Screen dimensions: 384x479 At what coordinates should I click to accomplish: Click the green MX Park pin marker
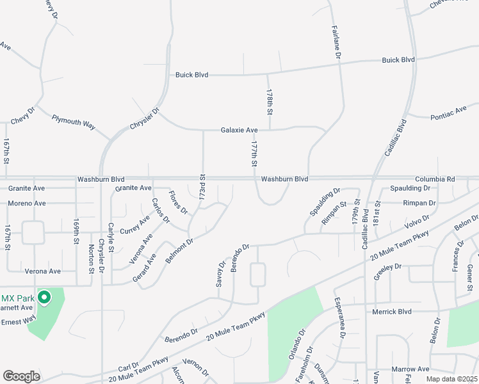44,298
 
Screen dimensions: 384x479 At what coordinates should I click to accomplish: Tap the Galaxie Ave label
239,130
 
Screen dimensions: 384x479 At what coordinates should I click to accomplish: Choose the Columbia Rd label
434,179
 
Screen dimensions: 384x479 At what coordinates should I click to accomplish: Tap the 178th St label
270,102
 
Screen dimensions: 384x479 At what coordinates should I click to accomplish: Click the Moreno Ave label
27,204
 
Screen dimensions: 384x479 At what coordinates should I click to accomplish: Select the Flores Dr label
178,202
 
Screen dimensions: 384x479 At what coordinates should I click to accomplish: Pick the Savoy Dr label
222,273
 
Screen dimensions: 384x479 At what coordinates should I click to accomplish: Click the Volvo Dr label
417,222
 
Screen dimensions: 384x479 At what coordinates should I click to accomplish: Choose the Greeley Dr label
387,266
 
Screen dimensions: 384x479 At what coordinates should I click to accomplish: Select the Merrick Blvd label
391,311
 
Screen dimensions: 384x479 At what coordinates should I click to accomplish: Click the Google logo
21,376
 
